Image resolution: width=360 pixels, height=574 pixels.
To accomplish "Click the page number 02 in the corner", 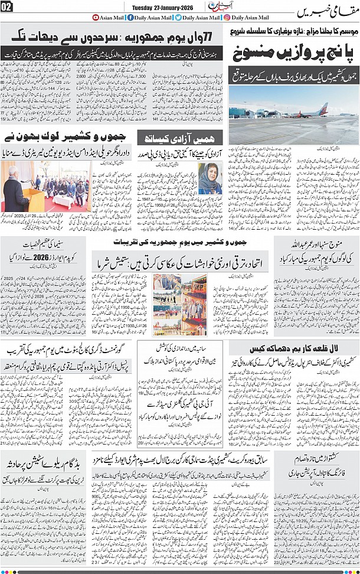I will coord(7,6).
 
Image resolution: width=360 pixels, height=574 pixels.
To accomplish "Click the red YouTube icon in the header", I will coord(96,18).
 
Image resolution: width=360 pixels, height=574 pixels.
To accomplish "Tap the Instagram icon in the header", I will coord(227,18).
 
